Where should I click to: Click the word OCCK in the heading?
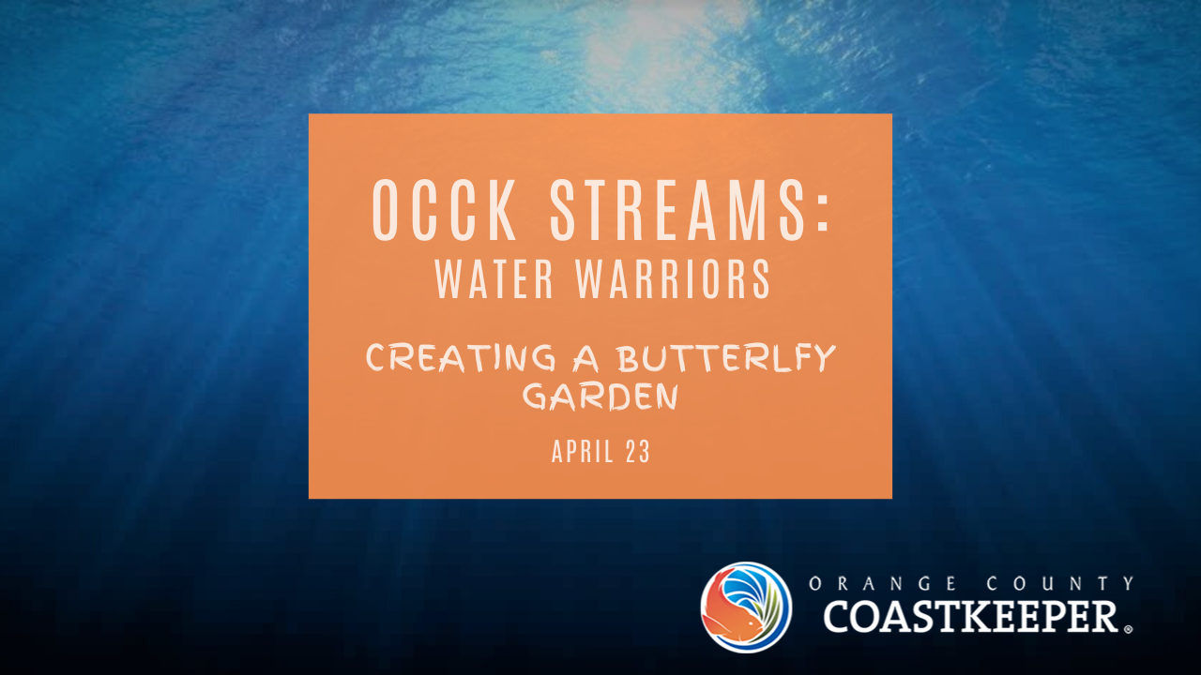(x=444, y=210)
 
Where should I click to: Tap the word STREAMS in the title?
(x=678, y=210)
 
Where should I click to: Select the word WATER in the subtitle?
(x=494, y=279)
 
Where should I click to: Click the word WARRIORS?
(x=674, y=279)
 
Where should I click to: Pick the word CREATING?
(x=461, y=358)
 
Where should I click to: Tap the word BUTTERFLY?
(x=725, y=358)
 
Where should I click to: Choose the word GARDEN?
(x=600, y=397)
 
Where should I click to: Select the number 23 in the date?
(x=638, y=452)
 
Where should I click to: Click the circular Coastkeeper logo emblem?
(x=746, y=607)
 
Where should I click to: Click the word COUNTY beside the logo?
(x=1060, y=583)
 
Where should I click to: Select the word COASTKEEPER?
(x=970, y=616)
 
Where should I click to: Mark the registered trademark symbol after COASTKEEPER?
(x=1128, y=629)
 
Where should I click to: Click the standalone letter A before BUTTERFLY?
(x=585, y=359)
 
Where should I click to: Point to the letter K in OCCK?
(x=501, y=210)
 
